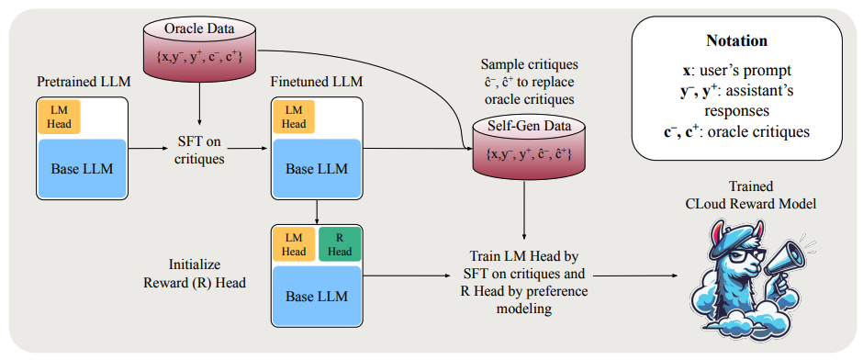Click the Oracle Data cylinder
click(200, 47)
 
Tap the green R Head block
click(340, 244)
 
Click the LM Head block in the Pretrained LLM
click(59, 117)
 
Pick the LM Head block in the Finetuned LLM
click(294, 117)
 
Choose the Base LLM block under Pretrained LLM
click(82, 168)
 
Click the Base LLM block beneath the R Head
click(317, 296)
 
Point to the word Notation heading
click(736, 41)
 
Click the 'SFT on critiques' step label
click(200, 149)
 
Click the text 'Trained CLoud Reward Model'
click(751, 196)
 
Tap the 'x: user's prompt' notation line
click(736, 71)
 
